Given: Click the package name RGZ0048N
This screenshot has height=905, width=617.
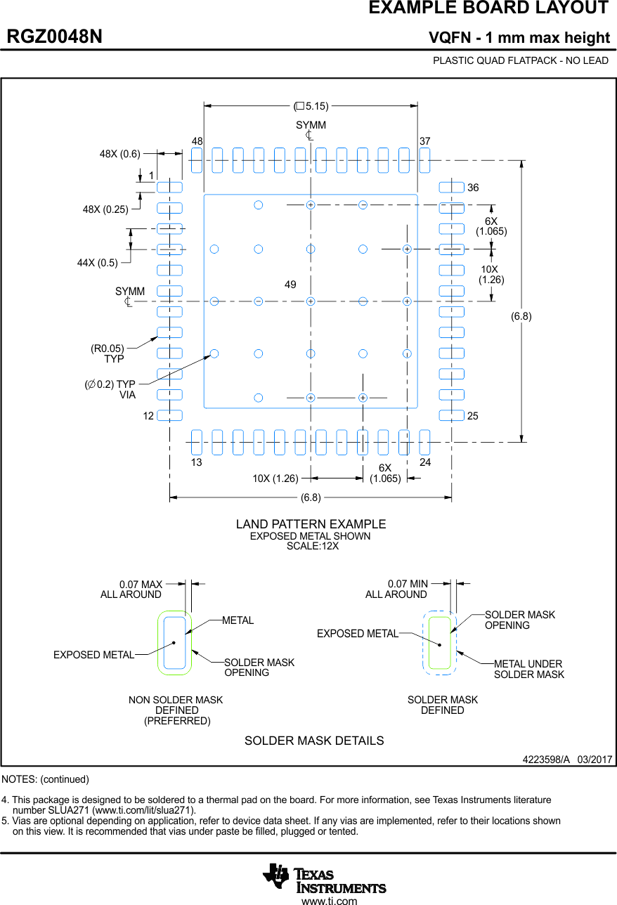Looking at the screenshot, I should [x=54, y=37].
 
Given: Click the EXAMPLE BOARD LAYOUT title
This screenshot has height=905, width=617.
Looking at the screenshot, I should [x=488, y=8].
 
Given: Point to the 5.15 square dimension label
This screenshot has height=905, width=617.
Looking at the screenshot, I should [x=311, y=106].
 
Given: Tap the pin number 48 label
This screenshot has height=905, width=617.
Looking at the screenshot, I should [x=197, y=141].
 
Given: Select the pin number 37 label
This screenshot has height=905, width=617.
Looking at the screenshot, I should [x=424, y=141].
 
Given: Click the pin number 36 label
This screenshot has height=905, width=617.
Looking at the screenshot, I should [x=473, y=188].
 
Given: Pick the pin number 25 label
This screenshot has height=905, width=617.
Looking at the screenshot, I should [x=473, y=416].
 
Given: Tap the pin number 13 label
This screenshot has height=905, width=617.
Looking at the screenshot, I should [x=197, y=462].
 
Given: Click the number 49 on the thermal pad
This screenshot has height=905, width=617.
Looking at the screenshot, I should [x=290, y=285].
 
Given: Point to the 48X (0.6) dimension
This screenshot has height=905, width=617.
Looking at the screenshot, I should [x=120, y=153].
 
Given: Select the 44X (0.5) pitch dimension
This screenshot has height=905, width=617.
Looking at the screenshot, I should [x=98, y=262].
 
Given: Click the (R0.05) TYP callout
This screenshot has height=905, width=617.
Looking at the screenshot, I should [x=108, y=353].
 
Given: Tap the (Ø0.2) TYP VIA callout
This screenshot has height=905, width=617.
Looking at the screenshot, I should [x=111, y=389].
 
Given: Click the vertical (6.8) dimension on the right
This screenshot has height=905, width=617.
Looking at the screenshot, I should [x=521, y=316].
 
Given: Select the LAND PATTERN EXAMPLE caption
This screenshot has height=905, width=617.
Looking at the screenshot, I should [x=311, y=524].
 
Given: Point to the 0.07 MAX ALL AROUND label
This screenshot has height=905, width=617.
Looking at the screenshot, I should [x=132, y=590].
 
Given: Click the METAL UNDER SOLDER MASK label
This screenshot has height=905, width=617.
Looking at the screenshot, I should [x=528, y=669].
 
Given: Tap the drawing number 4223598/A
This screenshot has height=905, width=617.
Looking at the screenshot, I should [x=545, y=760].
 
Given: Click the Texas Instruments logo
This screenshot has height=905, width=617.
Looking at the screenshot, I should [x=324, y=878].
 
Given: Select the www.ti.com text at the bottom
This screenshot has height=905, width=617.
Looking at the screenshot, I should [x=329, y=900].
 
